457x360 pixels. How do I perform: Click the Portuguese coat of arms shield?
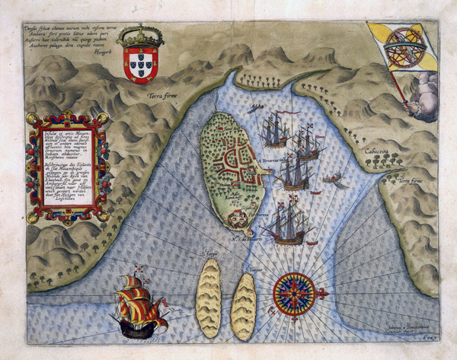tap(144, 64)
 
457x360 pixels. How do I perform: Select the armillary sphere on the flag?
tap(401, 45)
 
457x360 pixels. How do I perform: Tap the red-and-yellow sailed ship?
tap(141, 304)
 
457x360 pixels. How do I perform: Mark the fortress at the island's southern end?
tap(238, 218)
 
